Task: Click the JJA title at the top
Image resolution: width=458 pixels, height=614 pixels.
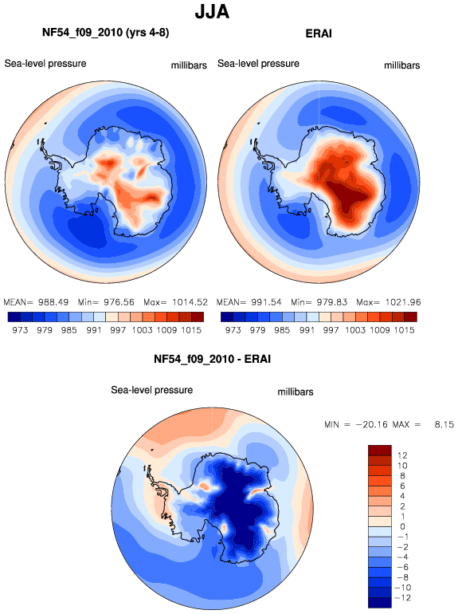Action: (x=212, y=12)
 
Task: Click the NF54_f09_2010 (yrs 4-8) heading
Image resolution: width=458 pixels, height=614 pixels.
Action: (x=106, y=33)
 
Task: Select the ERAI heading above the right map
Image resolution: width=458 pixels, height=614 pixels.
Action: (x=319, y=33)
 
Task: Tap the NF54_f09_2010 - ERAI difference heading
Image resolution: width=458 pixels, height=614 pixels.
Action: (x=212, y=359)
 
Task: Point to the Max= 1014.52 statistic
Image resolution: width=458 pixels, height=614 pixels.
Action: (x=175, y=302)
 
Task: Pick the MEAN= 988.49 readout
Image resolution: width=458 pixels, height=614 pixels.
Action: (x=36, y=302)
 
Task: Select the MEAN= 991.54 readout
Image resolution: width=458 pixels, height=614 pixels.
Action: (x=249, y=302)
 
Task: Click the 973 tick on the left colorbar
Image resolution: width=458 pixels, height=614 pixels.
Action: (x=20, y=330)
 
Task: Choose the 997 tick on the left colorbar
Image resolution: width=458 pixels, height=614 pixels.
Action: (x=118, y=330)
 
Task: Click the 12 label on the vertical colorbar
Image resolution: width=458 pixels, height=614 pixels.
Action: (x=402, y=455)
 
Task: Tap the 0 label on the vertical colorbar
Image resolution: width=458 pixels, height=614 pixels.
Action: (x=403, y=526)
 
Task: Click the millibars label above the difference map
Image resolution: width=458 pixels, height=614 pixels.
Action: (x=296, y=392)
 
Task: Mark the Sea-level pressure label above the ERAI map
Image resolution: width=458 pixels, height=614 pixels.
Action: (x=258, y=64)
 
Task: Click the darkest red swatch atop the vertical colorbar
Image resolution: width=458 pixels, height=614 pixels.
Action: (x=380, y=450)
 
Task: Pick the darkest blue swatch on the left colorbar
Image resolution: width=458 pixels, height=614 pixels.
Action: (x=14, y=317)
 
